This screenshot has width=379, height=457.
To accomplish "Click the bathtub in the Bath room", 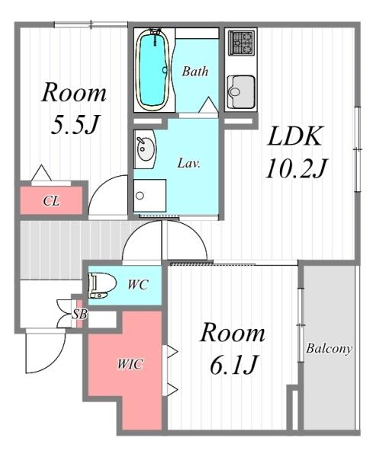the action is (153, 70).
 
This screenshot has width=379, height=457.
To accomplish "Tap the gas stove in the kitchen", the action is (241, 43).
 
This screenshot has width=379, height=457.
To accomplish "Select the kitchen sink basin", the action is (241, 92).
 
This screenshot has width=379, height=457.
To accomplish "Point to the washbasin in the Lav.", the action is (145, 149).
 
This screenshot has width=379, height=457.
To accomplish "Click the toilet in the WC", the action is (101, 286).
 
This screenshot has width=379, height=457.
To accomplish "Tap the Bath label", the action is (195, 72).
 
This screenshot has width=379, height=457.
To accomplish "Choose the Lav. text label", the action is (189, 163).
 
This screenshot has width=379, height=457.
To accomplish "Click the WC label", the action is (138, 285).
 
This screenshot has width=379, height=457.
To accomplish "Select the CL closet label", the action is (51, 201).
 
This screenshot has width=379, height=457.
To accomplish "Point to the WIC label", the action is (130, 364).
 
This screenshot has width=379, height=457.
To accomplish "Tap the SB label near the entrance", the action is (79, 315).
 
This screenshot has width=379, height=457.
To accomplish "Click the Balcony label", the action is (329, 349).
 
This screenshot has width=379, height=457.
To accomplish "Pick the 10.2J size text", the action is (297, 168).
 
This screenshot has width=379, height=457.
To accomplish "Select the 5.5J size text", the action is (75, 125).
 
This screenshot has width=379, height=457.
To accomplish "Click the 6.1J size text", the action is (233, 365).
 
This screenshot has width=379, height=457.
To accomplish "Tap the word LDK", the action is (295, 136).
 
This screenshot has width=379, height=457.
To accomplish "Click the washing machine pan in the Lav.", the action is (150, 196).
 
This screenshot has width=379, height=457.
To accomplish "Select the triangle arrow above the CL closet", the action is (41, 173).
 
